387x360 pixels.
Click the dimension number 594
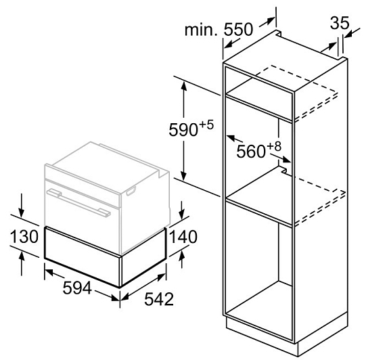coord(77,288)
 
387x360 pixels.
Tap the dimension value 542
coord(159,299)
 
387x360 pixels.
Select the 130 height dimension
coord(24,236)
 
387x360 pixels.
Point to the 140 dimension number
coord(183,237)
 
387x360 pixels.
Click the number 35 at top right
coord(340,23)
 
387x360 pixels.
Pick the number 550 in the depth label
coord(238,29)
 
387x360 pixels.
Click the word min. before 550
coord(202,30)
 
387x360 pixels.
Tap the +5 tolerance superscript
coord(206,125)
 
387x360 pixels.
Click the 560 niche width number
coord(251,151)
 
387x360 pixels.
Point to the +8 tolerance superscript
coord(274,146)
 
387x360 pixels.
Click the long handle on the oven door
coord(78,202)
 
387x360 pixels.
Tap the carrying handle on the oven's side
coord(131,191)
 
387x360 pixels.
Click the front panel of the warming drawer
coord(82,256)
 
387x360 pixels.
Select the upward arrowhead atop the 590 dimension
coord(183,86)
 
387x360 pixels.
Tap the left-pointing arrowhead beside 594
coord(49,272)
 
